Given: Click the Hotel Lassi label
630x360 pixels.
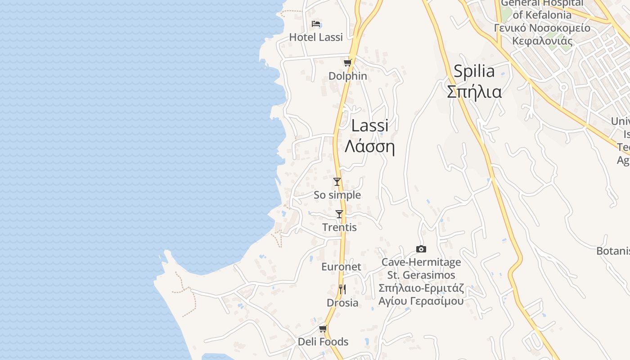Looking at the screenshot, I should (316, 37).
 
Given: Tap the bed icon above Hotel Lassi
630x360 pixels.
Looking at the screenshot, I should (316, 23).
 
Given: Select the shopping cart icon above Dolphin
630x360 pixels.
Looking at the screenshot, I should (347, 63).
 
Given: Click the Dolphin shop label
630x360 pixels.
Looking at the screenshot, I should (347, 76).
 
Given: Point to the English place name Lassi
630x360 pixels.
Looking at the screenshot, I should (369, 126).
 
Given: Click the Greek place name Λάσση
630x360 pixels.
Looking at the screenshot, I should (369, 147).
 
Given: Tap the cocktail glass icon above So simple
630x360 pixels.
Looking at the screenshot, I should (337, 182).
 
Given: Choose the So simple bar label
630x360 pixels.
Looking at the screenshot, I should (337, 195).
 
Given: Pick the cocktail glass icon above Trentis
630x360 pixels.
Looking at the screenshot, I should (339, 214).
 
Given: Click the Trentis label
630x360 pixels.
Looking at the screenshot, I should (339, 227).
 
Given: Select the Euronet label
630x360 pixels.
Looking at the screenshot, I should (341, 267).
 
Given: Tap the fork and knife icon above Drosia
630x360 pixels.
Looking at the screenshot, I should (342, 289).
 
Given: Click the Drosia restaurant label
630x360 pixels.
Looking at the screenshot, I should (342, 303).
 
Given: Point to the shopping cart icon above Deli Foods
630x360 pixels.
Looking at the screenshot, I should (323, 329).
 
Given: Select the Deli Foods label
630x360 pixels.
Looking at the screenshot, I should (323, 342).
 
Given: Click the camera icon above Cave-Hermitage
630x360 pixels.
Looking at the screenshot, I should (421, 249).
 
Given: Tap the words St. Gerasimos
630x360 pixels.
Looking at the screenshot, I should (421, 275).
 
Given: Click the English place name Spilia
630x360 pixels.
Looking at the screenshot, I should (474, 71).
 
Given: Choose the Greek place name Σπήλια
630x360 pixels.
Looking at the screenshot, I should (474, 91).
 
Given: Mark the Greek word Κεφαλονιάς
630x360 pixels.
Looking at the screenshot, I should (542, 41).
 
